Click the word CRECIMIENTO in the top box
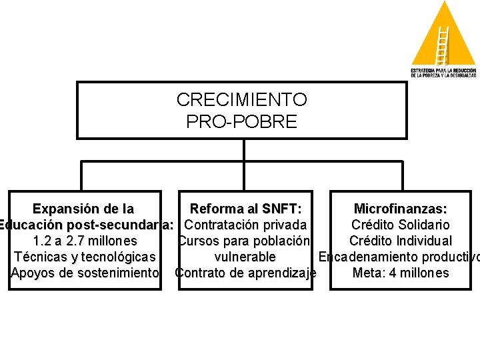241,100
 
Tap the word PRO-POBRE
241,122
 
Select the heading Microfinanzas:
400,209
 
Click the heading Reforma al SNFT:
245,209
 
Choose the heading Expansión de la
83,209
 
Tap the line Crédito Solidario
400,225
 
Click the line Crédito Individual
400,241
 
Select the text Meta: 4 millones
400,273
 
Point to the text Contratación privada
245,225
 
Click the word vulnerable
245,257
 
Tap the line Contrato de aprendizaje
245,273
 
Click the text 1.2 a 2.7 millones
85,241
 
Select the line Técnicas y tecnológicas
85,257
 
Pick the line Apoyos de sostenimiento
85,273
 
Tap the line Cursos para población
245,241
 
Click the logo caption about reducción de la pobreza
443,73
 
